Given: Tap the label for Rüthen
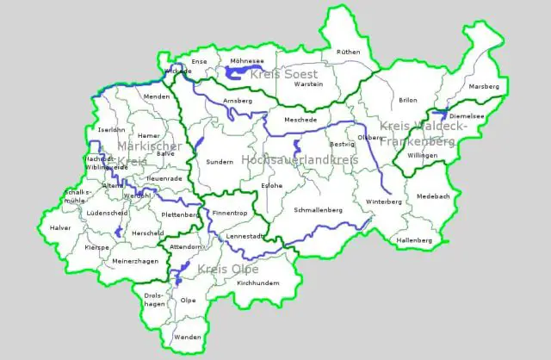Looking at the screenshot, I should pos(348,53).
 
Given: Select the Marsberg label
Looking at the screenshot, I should pos(483,87).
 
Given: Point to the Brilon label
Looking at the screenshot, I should pos(408,100).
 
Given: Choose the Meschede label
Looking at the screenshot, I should pos(300,120).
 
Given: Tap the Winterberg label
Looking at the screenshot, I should pos(384,202).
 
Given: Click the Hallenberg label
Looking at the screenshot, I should pos(414,239).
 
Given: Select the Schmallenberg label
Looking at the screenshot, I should pos(319,210).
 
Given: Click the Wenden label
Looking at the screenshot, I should pos(187,338).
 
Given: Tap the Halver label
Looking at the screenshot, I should pos(61,228).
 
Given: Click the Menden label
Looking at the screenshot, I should pos(158,96).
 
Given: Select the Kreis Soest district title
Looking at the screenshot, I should pos(283,75).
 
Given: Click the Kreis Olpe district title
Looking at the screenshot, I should pos(227,270).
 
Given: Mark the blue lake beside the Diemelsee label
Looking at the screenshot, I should pos(438,114).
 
